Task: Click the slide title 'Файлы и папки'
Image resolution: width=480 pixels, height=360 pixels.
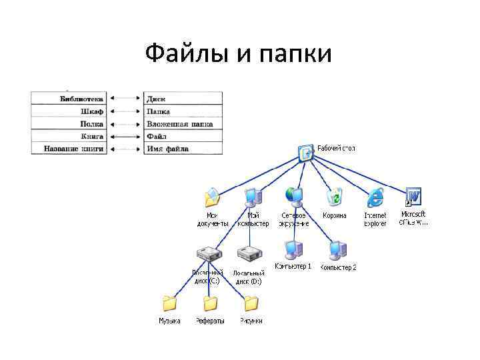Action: [x=238, y=53]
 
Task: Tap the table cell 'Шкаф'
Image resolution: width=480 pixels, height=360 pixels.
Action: [x=92, y=111]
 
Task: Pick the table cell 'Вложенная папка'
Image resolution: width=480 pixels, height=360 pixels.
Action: [x=179, y=124]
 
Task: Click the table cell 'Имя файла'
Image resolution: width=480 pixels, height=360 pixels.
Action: [x=167, y=149]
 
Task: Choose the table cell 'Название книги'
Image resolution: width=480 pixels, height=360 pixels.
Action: [x=74, y=149]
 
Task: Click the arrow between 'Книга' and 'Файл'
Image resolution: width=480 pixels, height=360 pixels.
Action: [x=125, y=137]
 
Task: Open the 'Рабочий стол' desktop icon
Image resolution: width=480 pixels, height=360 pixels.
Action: [x=307, y=153]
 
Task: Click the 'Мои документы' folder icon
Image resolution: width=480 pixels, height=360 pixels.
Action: [x=212, y=198]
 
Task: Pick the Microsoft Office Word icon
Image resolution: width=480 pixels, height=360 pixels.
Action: [x=413, y=197]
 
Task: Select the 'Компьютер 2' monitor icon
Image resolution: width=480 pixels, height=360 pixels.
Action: [x=337, y=249]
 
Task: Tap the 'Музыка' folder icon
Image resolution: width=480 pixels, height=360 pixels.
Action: [x=169, y=304]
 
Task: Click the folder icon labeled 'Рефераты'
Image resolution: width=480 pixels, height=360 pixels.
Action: [x=210, y=304]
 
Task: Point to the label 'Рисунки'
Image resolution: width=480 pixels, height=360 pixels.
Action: [x=251, y=321]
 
